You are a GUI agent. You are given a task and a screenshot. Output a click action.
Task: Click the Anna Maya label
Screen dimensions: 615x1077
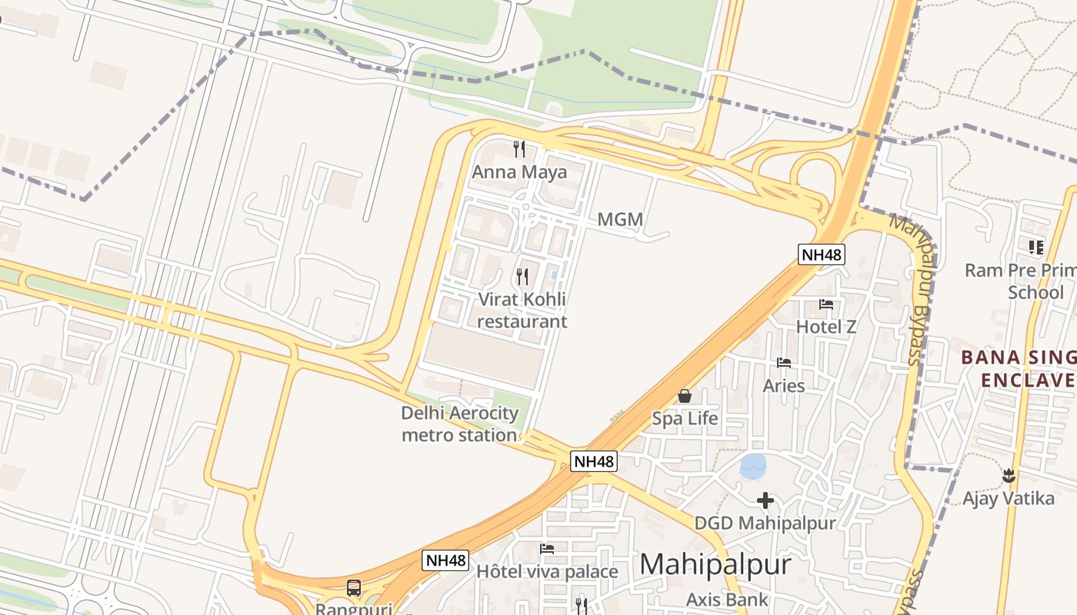coord(518,171)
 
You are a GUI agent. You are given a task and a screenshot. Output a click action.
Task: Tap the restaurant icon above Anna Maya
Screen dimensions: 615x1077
coord(519,148)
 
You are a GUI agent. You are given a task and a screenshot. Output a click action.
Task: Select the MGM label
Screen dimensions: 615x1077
coord(619,220)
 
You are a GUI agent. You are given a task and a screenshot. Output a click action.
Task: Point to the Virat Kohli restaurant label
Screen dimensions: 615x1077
coord(522,310)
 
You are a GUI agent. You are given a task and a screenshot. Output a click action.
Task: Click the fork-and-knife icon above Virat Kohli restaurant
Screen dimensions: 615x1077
coord(522,276)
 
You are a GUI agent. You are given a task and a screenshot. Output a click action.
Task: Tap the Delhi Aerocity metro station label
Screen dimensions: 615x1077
coord(459,424)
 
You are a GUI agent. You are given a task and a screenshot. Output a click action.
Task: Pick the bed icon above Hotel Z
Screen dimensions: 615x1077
coord(826,304)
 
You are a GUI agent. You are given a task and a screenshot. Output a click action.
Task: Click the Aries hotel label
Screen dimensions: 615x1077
coord(783,385)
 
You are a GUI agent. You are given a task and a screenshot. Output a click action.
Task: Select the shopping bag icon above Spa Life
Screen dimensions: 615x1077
coord(684,396)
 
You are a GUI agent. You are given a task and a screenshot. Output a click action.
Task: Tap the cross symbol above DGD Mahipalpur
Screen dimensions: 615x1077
coord(765,500)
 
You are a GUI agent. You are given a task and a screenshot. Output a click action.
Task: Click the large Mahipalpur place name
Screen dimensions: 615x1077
coord(715,564)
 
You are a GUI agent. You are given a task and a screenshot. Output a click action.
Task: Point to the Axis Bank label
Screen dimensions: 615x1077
coord(726,600)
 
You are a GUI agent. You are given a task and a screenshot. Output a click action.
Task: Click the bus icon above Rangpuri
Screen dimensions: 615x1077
coord(354,588)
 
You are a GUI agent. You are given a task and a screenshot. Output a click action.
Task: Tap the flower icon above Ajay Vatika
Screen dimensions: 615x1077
coord(1009,476)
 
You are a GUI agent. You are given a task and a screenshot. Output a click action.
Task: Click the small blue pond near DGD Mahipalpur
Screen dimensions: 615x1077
coord(752,465)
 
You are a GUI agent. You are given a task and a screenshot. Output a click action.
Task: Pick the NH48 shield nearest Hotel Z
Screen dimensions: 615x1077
coord(822,254)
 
